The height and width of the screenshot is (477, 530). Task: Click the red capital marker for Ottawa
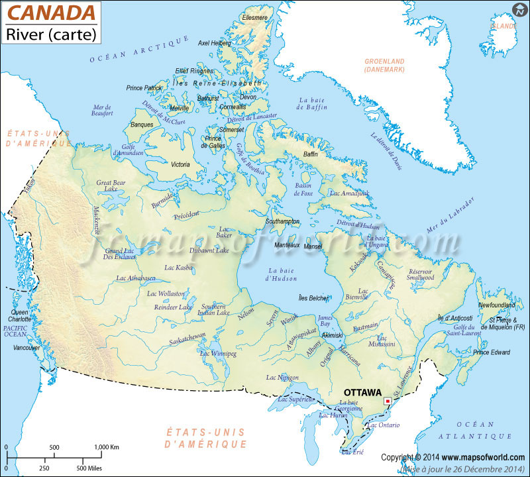pyautogui.click(x=388, y=401)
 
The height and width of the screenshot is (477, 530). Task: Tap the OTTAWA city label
pyautogui.click(x=362, y=392)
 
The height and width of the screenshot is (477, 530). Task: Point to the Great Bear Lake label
pyautogui.click(x=111, y=185)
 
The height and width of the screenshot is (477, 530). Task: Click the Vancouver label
pyautogui.click(x=26, y=347)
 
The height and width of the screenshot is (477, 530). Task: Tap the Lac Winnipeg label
pyautogui.click(x=218, y=354)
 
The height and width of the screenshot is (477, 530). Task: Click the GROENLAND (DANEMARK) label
pyautogui.click(x=384, y=65)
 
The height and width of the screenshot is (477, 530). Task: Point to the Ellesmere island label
pyautogui.click(x=255, y=17)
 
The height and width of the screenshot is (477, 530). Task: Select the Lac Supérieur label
pyautogui.click(x=295, y=399)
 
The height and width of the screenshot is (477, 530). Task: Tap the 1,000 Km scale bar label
pyautogui.click(x=107, y=447)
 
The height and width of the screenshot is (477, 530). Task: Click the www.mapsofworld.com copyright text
pyautogui.click(x=482, y=457)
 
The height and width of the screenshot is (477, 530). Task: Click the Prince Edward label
pyautogui.click(x=492, y=352)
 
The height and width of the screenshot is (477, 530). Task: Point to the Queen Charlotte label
pyautogui.click(x=19, y=315)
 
